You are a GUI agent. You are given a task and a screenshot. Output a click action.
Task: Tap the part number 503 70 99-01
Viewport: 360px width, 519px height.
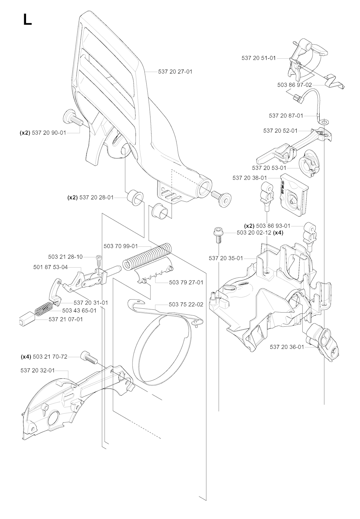121,246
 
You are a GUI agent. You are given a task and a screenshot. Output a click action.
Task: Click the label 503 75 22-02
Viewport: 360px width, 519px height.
186,305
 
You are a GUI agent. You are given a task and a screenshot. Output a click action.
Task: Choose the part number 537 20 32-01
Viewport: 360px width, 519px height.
38,370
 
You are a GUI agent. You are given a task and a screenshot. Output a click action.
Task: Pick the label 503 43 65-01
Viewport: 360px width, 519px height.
79,310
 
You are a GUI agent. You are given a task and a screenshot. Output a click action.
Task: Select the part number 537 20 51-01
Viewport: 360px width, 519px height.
259,58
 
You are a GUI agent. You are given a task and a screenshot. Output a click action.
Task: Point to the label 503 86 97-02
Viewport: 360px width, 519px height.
295,85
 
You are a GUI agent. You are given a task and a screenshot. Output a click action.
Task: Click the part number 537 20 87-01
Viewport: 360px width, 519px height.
286,115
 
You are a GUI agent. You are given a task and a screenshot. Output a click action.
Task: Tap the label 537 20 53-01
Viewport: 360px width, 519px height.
269,168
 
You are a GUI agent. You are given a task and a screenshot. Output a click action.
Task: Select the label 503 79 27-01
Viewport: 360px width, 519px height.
186,282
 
